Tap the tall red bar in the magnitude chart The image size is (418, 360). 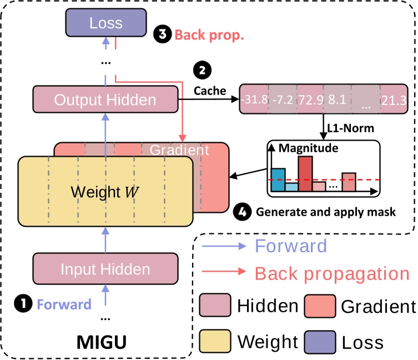coord(304,173)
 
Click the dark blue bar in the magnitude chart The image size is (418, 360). coord(278,179)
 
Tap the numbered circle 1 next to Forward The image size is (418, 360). coord(24,304)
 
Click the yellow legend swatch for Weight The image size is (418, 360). coord(214,338)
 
